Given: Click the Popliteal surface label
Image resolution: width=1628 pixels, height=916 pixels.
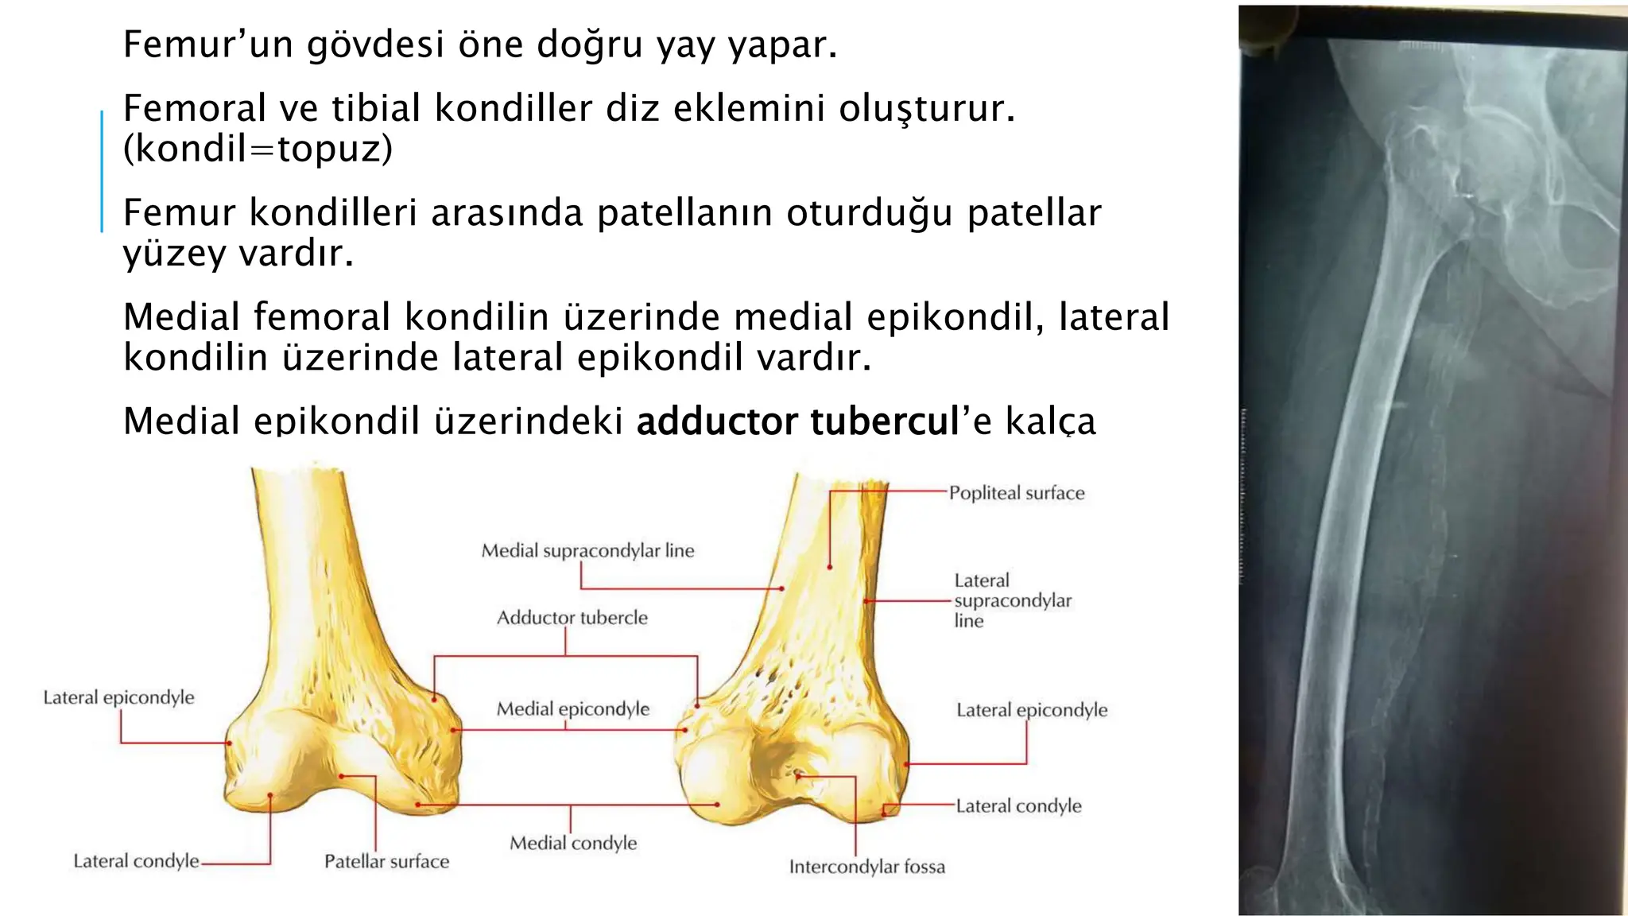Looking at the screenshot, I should [1016, 493].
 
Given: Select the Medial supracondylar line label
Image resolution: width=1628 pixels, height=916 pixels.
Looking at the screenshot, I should [587, 550].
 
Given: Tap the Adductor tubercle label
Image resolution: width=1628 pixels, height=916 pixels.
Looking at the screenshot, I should [572, 618].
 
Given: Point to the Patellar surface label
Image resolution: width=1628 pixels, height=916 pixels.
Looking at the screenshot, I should [386, 861].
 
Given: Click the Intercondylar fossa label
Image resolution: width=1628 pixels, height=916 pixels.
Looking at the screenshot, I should [866, 867].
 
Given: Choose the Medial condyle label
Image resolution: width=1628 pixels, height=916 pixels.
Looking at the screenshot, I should [573, 843].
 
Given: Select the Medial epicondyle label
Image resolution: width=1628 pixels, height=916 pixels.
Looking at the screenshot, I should [572, 708].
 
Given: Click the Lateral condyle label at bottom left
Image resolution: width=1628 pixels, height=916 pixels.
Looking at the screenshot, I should [136, 861].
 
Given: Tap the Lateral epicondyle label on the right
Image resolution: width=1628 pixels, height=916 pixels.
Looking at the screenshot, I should [1031, 710].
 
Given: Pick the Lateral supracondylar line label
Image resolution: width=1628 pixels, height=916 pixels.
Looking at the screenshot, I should [1012, 600].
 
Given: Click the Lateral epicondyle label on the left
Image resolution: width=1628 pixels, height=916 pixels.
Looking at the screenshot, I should [118, 697].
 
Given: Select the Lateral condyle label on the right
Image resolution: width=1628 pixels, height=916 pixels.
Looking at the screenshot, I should [1018, 806].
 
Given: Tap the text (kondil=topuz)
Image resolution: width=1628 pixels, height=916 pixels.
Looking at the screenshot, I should [258, 149].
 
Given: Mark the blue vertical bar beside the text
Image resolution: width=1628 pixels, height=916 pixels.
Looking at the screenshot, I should [102, 171].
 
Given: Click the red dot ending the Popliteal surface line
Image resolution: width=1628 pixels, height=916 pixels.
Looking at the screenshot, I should [829, 567].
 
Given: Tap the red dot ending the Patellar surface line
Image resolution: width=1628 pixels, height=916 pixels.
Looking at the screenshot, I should [342, 776].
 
